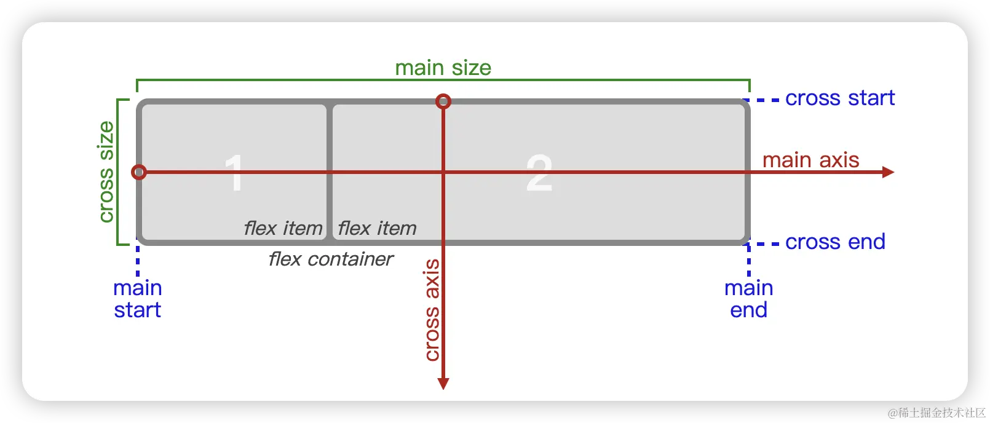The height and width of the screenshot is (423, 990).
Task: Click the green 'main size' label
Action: click(x=443, y=68)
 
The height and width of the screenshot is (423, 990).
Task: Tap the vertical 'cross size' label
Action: click(x=106, y=172)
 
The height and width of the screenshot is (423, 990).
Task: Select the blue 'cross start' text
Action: click(x=839, y=98)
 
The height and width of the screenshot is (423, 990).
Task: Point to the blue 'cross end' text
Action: click(x=835, y=242)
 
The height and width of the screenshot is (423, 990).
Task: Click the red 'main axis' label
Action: click(x=810, y=160)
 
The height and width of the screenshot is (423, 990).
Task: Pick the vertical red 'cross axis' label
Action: click(x=432, y=310)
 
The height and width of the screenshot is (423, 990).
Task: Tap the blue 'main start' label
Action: click(x=137, y=299)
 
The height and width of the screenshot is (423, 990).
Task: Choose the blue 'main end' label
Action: click(x=748, y=299)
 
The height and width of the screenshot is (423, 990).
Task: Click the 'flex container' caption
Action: click(x=331, y=259)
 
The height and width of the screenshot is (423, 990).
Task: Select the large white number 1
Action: click(x=234, y=173)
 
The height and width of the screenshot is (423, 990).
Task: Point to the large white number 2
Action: click(x=539, y=173)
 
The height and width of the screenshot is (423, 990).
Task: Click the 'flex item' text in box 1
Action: click(x=283, y=229)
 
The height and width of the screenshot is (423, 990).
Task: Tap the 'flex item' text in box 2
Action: click(x=377, y=229)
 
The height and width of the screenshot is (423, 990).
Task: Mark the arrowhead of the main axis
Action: click(x=888, y=172)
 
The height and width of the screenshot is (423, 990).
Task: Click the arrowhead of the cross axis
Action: click(x=443, y=384)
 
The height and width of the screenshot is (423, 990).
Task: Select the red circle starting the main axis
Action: click(x=139, y=172)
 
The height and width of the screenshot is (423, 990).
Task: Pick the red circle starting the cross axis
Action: click(x=443, y=101)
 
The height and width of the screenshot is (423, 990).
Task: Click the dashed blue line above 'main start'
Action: click(x=137, y=261)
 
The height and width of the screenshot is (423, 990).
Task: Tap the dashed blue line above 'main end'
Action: click(x=748, y=261)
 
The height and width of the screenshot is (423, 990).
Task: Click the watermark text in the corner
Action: click(x=935, y=411)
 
